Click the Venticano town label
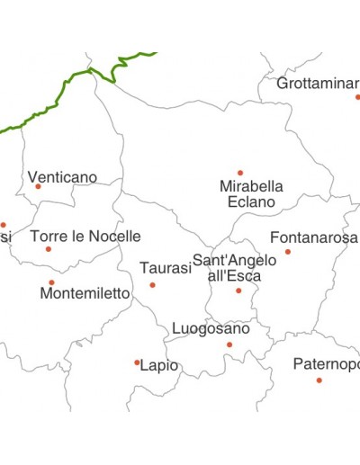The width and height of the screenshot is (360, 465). coord(62,177)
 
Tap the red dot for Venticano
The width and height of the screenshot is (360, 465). coord(38,187)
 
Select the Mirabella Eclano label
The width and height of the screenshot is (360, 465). coord(251,194)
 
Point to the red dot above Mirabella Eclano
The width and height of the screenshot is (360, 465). coord(240,173)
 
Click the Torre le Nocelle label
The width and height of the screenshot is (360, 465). coord(85,237)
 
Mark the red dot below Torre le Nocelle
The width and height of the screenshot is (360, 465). coord(49,249)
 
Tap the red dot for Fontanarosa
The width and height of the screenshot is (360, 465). coord(288,252)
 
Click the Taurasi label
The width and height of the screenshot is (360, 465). coord(165,268)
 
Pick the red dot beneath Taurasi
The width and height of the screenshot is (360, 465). coord(152,285)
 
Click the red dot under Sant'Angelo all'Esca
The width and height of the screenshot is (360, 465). coord(238,291)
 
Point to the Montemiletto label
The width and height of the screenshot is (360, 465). coord(85,293)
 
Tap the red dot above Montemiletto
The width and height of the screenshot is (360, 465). coord(51,282)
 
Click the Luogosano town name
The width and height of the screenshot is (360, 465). coord(211,328)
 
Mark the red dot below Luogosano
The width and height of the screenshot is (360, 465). coord(229,344)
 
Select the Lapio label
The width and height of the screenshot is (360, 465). coord(159,366)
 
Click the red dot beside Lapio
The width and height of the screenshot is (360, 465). coord(137,363)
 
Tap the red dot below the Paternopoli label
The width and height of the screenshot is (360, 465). coord(319,380)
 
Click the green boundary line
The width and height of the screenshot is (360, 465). coord(63,90)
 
